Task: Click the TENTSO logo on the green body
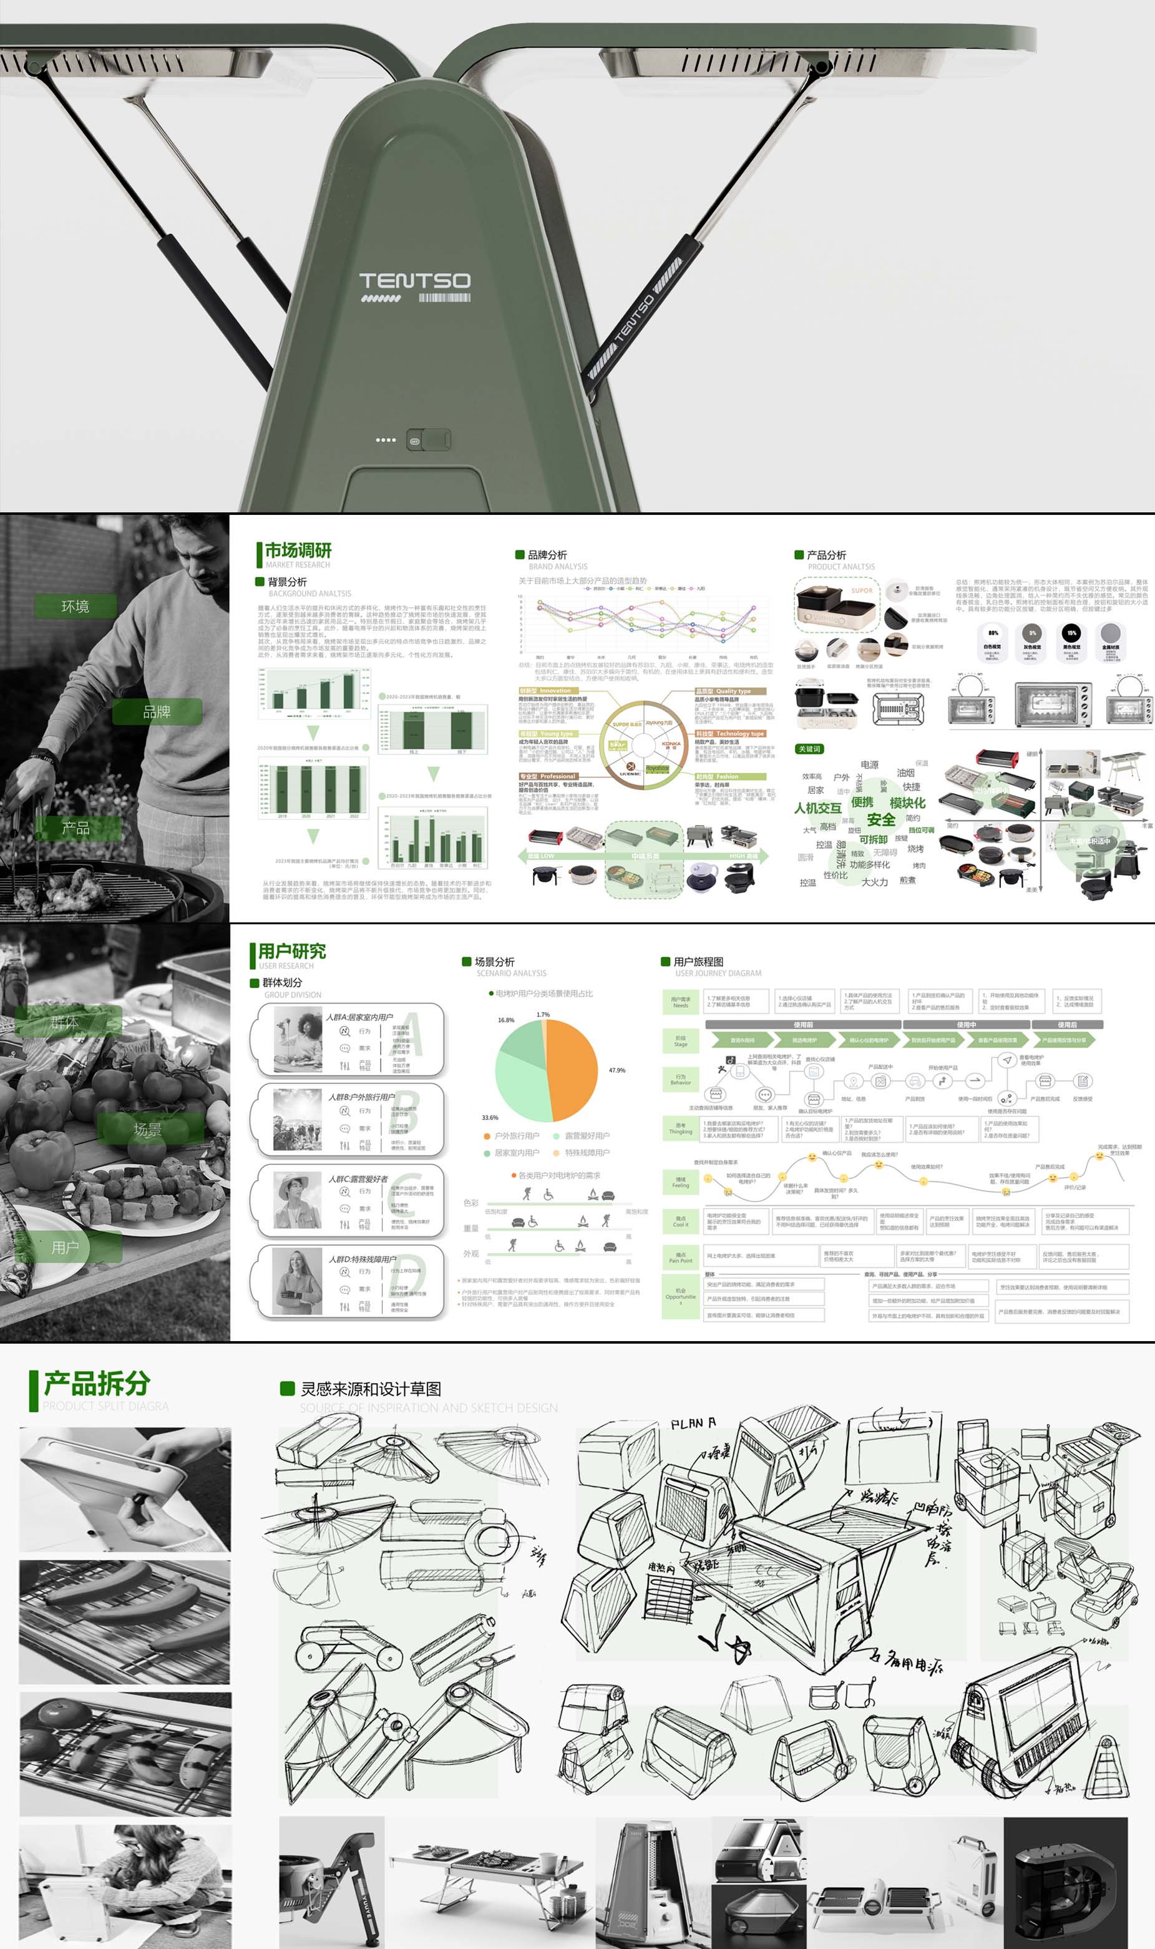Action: pos(414,281)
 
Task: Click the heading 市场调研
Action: pos(298,550)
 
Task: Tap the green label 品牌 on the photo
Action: pos(157,711)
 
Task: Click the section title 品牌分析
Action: pos(547,555)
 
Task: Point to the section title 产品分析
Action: pos(826,555)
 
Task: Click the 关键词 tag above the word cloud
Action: pos(809,749)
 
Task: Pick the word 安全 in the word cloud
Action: pos(880,819)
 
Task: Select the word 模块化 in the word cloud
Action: pos(907,803)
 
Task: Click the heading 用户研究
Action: pos(292,951)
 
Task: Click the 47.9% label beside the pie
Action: pos(616,1070)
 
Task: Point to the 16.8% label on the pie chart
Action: pos(506,1020)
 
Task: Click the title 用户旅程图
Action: pos(698,962)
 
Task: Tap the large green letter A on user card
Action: pos(411,1033)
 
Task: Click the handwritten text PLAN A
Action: pos(693,1424)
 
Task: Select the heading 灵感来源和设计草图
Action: pos(371,1389)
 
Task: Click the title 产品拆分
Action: pos(97,1383)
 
